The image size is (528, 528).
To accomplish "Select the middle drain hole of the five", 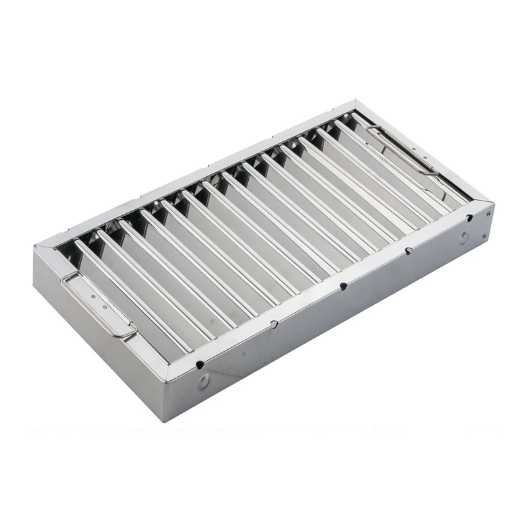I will pos(343,287).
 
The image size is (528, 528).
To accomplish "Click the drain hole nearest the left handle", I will pos(200,364).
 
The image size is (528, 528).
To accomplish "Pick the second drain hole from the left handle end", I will pos(274,324).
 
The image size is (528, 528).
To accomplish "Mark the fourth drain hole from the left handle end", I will pos(409,251).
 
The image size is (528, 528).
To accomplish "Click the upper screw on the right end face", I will pos(489,213).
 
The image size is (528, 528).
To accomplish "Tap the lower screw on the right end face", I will pos(486,236).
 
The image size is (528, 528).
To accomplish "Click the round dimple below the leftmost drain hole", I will pos(205,381).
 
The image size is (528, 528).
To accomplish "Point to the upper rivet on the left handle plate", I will pos(94,298).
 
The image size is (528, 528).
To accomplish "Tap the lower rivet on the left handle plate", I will pos(102,307).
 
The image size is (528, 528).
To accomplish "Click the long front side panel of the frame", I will pos(330,323).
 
